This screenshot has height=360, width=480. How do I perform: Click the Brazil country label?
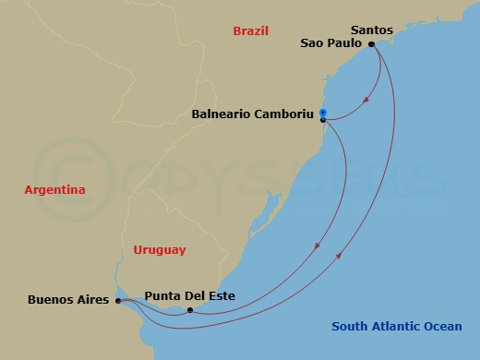coord(250,30)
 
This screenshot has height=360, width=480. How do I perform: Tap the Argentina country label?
coord(54,189)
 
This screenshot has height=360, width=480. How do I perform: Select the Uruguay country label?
coord(159,249)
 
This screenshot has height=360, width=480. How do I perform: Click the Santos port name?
coord(372,30)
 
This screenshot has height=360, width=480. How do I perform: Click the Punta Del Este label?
coord(189,295)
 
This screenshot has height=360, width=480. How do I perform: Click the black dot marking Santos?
coord(371,43)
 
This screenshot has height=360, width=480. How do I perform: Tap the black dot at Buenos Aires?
coord(116,299)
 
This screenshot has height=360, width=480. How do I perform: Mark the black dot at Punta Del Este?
coord(189,310)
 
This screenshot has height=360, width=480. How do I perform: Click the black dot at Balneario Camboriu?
coord(323,119)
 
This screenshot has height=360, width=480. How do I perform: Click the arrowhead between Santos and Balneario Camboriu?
coord(366,102)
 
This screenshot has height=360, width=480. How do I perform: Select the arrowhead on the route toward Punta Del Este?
coord(318,246)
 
